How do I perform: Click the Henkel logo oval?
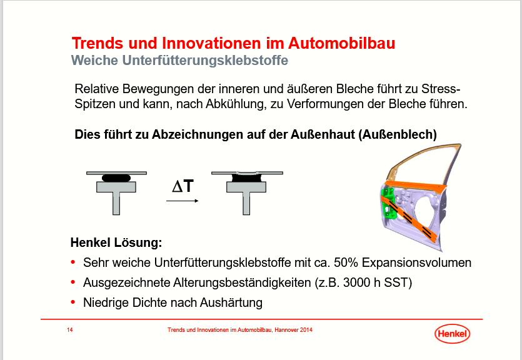452,333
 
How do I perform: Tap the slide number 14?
70,330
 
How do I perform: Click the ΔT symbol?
183,186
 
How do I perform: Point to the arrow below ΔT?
183,201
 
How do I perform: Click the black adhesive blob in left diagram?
116,178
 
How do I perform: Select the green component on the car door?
388,204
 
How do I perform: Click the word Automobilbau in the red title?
341,43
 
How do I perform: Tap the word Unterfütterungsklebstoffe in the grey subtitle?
205,60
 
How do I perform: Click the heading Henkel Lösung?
116,242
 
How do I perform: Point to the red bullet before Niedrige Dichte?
73,302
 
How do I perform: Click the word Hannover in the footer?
286,330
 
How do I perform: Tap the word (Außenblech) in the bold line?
398,134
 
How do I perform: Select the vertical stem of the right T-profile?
246,203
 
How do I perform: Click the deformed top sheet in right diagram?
247,173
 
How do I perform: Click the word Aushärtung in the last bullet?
232,302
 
